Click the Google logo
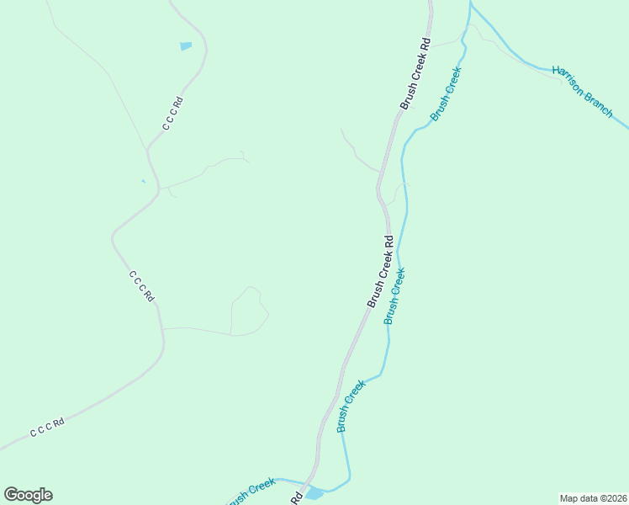28,495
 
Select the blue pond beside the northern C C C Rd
186,46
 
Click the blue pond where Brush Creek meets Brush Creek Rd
314,493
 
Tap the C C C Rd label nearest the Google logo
47,427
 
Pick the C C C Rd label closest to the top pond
173,114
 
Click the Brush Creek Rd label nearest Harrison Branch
415,73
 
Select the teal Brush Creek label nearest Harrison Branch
447,93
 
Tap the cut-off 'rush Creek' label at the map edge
251,489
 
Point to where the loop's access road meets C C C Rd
162,328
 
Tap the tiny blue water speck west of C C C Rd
143,181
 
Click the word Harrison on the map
569,82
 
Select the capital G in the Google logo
11,494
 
